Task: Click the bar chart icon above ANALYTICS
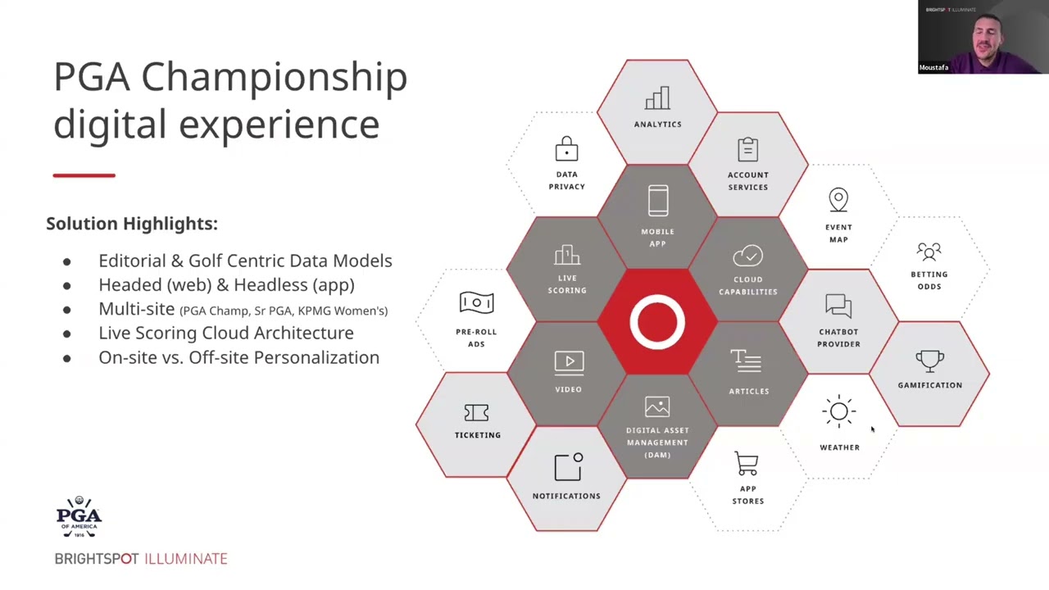click(657, 98)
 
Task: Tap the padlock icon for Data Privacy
click(566, 149)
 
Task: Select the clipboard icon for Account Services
click(747, 149)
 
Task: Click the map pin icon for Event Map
click(838, 200)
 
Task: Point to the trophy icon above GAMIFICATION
click(929, 361)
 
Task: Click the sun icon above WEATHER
click(838, 412)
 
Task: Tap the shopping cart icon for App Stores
click(747, 464)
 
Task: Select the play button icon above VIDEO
click(568, 362)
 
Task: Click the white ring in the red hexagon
click(657, 322)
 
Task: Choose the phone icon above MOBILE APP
click(657, 202)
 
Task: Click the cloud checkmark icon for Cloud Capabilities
click(747, 256)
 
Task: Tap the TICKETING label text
click(477, 435)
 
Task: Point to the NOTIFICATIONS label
click(566, 496)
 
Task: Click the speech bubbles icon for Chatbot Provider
click(838, 306)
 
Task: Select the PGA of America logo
click(79, 517)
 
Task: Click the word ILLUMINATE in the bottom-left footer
click(186, 559)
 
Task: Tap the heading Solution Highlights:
click(132, 224)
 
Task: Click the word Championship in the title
click(274, 77)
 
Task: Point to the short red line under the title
click(84, 175)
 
